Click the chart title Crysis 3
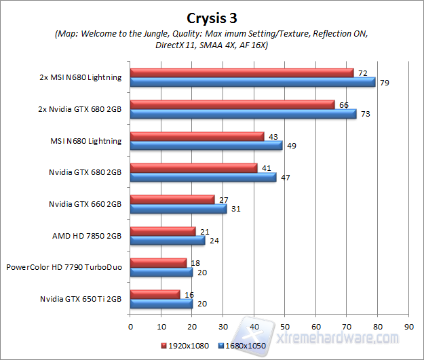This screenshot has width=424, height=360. point(212,17)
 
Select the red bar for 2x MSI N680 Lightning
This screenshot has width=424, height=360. point(242,73)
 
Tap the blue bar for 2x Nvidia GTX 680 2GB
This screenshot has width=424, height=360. point(243,113)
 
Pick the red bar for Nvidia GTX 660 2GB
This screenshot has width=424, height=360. point(172,199)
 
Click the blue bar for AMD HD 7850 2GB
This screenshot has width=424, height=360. point(167,240)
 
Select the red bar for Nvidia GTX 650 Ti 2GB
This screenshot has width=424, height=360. point(155,294)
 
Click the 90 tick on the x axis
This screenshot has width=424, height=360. point(408,325)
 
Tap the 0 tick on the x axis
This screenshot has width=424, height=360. point(130,325)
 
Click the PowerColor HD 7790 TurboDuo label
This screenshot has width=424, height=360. point(64,267)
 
